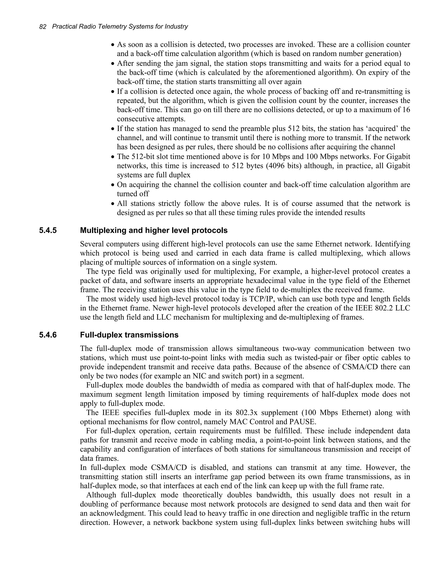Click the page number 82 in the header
(x=43, y=27)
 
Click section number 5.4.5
(x=48, y=230)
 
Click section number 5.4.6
(x=48, y=335)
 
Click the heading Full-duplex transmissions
(x=129, y=335)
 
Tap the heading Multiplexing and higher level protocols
(x=154, y=230)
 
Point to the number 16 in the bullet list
(x=406, y=110)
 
